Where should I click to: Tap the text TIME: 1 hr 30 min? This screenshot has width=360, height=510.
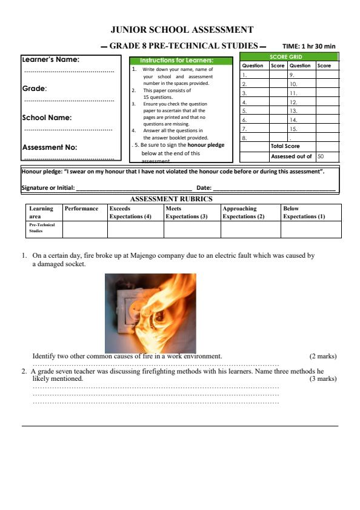coord(308,46)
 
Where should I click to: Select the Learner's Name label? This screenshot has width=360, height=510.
coord(51,60)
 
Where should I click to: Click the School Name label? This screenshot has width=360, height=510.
coord(47,118)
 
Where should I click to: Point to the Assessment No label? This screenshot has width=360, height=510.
coord(49,147)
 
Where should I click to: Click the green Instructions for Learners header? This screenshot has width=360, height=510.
coord(181,61)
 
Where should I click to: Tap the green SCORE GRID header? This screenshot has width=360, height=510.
coord(290,56)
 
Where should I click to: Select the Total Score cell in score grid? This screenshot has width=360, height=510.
coord(285,146)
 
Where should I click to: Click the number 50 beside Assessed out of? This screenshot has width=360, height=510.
coord(321,156)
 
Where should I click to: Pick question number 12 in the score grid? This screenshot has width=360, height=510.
coord(293,102)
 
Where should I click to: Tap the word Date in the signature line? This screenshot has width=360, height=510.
coord(204,188)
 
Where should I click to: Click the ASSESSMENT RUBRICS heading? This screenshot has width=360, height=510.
coord(172,198)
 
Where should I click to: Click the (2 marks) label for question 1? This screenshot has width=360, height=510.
coord(322,356)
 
